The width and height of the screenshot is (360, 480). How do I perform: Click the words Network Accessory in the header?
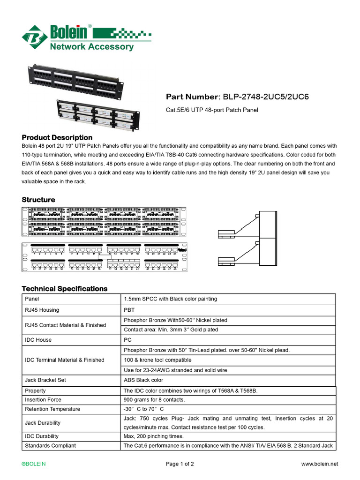91,46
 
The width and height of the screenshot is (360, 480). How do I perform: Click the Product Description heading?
57,137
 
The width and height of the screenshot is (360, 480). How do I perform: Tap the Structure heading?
38,200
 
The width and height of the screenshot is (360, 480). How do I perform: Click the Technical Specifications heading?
65,289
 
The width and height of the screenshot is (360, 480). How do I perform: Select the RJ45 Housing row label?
42,309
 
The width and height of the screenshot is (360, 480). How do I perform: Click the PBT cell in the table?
129,309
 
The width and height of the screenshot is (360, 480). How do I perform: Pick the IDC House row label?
38,340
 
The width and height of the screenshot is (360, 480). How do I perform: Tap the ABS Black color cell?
143,380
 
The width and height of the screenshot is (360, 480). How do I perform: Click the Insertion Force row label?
43,400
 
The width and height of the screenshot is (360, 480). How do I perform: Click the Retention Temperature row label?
52,409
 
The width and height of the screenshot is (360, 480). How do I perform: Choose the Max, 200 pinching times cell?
153,436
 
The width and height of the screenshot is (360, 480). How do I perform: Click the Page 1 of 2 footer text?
180,464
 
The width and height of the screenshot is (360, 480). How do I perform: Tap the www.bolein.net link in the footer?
319,464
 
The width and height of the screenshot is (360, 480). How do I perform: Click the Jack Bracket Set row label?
45,380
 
